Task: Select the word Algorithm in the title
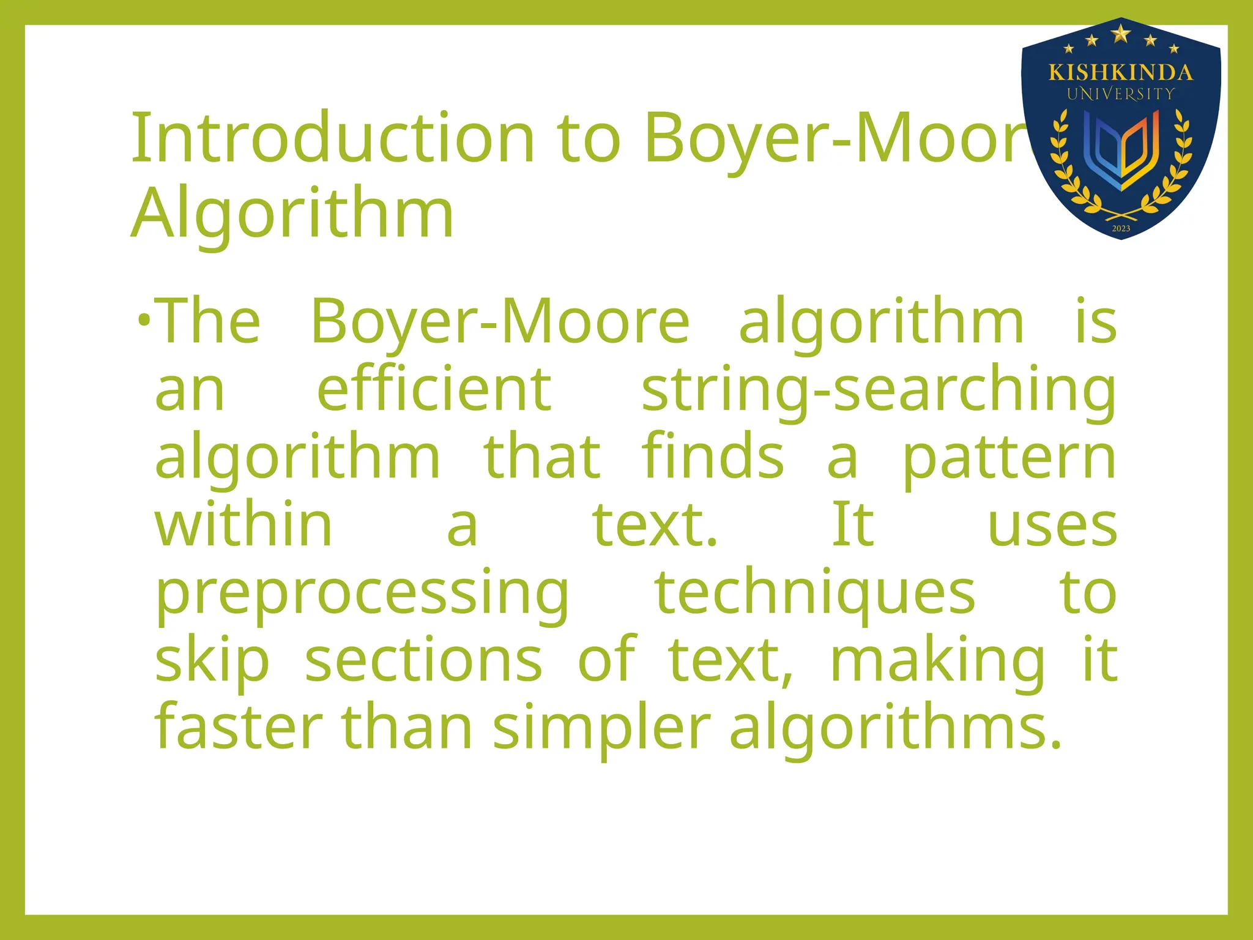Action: (292, 212)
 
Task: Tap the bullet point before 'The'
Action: (144, 320)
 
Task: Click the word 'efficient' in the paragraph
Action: (434, 389)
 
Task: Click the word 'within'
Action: (244, 524)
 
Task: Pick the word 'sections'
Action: (423, 661)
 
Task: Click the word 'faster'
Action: (239, 728)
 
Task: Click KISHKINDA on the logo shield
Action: (1121, 73)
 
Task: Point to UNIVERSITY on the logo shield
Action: (1121, 94)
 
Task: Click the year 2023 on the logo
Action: (1121, 229)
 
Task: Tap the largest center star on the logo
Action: (1121, 33)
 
